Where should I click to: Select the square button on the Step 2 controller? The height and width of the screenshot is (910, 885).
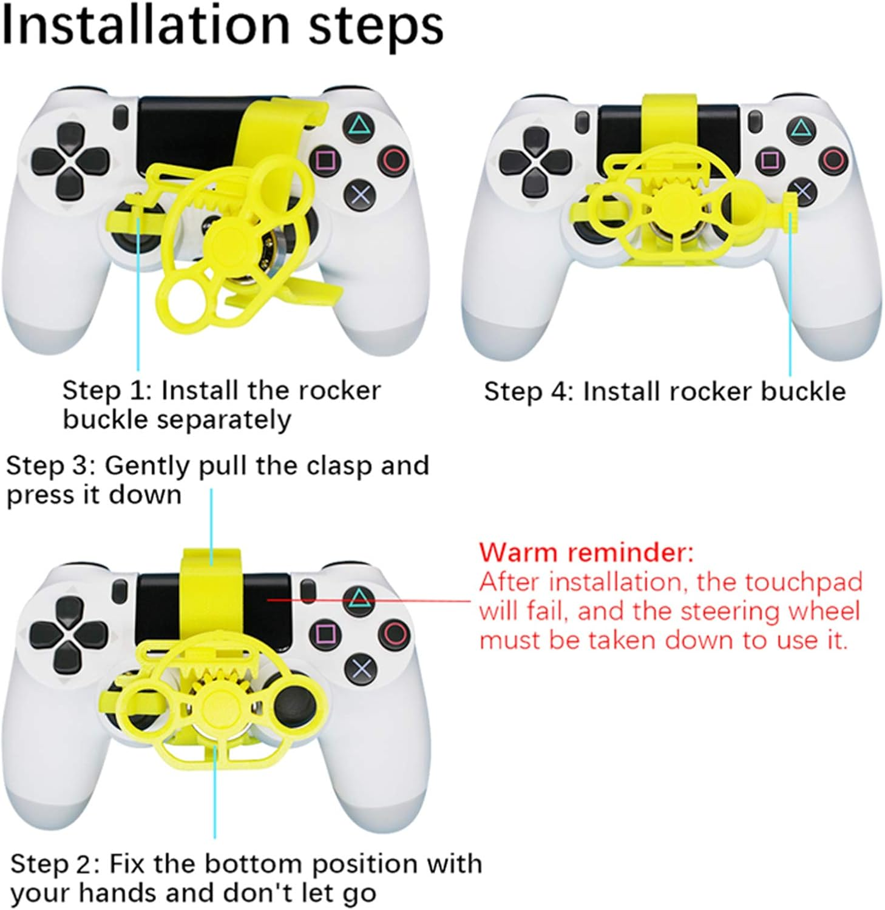tap(324, 635)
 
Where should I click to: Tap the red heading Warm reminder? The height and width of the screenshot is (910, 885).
tap(586, 553)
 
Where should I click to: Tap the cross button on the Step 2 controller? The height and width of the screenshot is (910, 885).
tap(361, 669)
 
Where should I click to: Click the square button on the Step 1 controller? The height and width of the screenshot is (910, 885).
tap(325, 161)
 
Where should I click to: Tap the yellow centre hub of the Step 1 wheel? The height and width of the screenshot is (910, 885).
tap(225, 242)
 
